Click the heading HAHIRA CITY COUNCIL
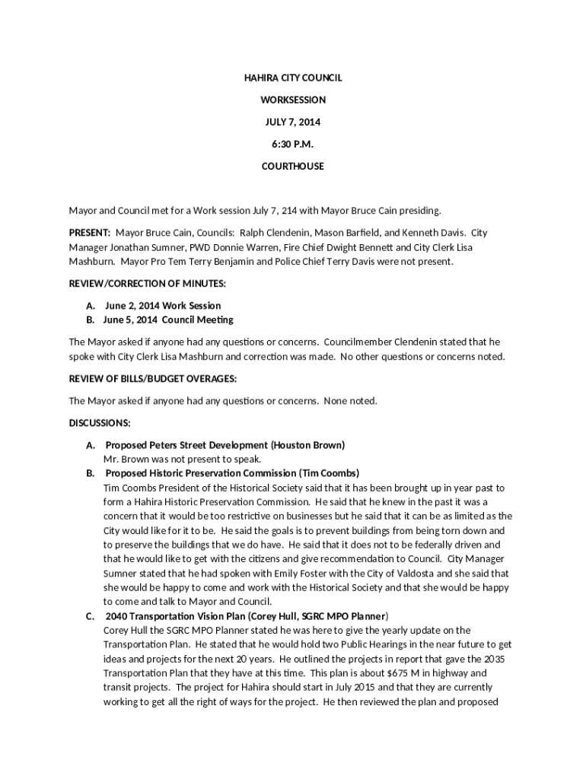(293, 78)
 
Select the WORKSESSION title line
(293, 100)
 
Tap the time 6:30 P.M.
(293, 144)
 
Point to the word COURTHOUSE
(293, 166)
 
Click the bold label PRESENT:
(90, 232)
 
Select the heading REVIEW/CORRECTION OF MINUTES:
(148, 283)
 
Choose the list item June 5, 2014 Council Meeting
(169, 320)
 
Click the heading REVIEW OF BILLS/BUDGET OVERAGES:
(152, 378)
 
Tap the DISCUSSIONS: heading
(100, 422)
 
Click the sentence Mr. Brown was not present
(183, 459)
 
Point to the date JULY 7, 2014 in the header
(293, 122)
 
